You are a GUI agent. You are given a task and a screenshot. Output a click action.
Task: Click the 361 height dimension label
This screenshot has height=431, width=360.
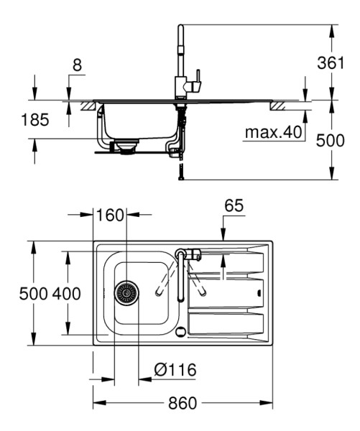click(331, 63)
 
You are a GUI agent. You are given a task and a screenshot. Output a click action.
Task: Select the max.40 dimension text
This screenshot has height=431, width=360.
click(273, 132)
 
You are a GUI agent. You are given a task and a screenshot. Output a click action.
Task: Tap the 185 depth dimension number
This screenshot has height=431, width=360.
click(35, 120)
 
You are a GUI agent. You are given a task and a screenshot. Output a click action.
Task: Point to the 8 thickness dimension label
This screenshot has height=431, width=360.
click(78, 65)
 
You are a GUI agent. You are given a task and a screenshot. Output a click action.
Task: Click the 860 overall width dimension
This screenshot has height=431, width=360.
click(183, 403)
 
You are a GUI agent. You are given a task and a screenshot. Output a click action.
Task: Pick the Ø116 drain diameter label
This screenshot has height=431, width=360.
click(175, 370)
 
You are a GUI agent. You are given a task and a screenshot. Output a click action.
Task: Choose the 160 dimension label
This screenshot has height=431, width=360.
click(110, 215)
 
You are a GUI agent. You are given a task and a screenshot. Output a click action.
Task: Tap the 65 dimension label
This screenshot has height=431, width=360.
click(234, 205)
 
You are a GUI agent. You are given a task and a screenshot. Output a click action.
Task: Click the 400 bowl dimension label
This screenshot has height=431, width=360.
click(67, 294)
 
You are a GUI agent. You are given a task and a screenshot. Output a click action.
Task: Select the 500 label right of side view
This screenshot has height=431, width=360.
click(330, 141)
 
